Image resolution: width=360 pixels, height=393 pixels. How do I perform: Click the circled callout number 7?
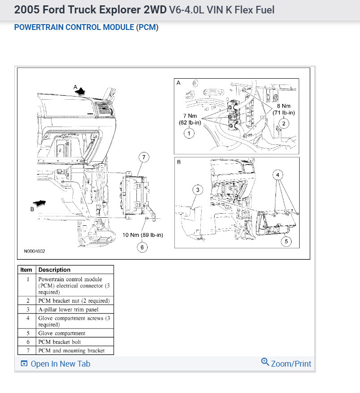pyautogui.click(x=144, y=157)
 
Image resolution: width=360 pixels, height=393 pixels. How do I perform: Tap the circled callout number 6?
pyautogui.click(x=142, y=247)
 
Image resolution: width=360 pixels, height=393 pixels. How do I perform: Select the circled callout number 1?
pyautogui.click(x=189, y=133)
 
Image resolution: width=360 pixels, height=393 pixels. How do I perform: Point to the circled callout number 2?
pyautogui.click(x=283, y=124)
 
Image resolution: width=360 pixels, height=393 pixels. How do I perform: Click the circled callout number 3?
pyautogui.click(x=198, y=190)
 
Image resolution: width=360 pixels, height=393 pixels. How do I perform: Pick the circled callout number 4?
pyautogui.click(x=278, y=175)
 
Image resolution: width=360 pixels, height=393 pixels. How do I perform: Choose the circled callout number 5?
pyautogui.click(x=285, y=242)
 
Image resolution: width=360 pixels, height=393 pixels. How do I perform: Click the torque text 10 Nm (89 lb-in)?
pyautogui.click(x=142, y=235)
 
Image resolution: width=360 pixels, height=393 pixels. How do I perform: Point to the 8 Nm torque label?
pyautogui.click(x=284, y=110)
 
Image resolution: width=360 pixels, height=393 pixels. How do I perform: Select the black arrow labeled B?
pyautogui.click(x=39, y=204)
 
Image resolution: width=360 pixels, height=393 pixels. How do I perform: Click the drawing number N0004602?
pyautogui.click(x=34, y=251)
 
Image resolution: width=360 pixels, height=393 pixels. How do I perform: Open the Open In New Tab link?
pyautogui.click(x=55, y=364)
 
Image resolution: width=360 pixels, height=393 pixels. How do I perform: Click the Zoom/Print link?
pyautogui.click(x=286, y=363)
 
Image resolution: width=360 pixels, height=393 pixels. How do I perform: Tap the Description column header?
pyautogui.click(x=54, y=270)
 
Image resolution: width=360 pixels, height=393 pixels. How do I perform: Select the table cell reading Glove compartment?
pyautogui.click(x=62, y=333)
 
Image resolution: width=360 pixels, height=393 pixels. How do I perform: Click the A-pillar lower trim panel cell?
pyautogui.click(x=68, y=309)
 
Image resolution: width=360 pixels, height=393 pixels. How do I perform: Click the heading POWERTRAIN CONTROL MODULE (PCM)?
pyautogui.click(x=86, y=27)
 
